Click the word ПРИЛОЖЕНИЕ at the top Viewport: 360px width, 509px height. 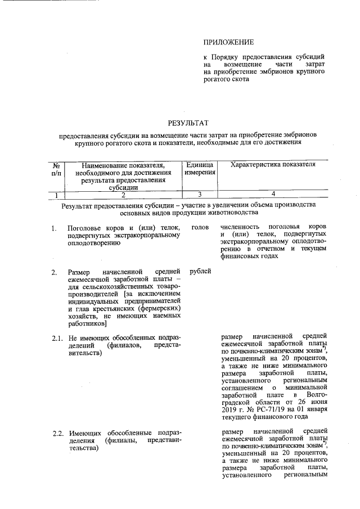pyautogui.click(x=228, y=42)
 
